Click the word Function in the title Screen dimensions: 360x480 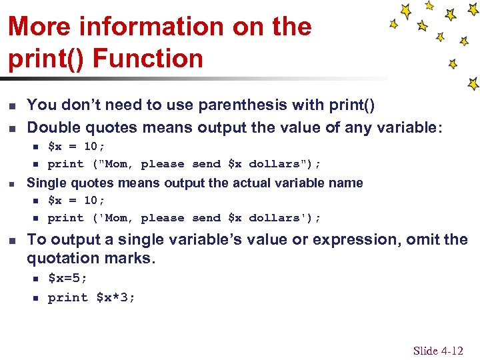[148, 58]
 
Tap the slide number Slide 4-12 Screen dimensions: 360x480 [438, 351]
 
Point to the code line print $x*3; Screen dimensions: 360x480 [91, 297]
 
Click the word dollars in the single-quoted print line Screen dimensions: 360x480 [275, 218]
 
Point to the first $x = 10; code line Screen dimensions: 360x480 [76, 146]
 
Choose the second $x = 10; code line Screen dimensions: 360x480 [76, 200]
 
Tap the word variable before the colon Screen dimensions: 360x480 [407, 127]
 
